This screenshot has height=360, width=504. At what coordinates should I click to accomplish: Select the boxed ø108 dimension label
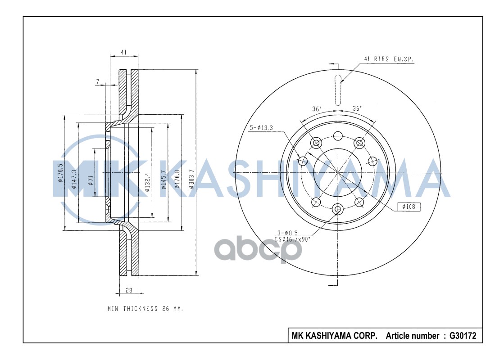tap(409, 207)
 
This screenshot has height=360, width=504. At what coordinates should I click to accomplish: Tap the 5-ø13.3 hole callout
tap(262, 128)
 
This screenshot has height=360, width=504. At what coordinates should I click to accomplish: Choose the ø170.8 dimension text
tap(177, 179)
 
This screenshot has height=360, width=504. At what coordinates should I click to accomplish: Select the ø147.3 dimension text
tap(73, 179)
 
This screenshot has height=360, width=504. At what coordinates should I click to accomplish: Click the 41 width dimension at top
tap(124, 53)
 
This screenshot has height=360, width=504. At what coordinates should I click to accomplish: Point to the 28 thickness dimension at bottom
tap(129, 290)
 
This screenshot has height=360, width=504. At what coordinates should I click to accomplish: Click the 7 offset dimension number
tap(97, 81)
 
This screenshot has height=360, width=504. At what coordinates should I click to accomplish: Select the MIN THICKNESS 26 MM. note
tap(145, 309)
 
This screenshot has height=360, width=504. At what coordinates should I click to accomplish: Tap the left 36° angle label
tap(317, 109)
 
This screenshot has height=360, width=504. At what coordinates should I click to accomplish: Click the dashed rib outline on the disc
tap(338, 90)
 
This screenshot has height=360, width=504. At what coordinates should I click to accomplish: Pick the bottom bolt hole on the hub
tap(338, 209)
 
